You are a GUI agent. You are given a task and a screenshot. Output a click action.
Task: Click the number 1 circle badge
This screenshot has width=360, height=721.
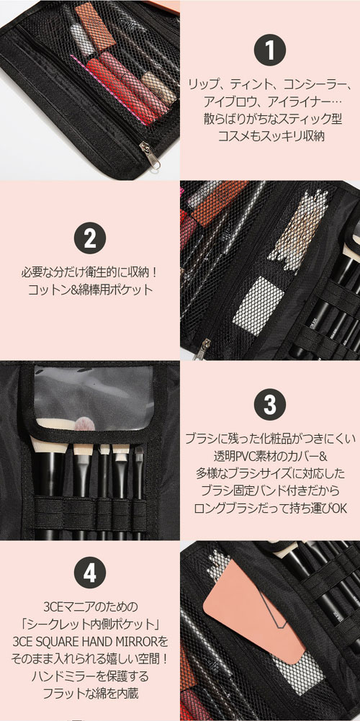coord(270,50)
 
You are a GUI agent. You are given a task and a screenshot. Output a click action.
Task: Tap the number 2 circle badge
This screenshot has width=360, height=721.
coord(90,238)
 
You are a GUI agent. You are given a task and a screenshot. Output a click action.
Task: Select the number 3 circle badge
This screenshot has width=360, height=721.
coord(270,404)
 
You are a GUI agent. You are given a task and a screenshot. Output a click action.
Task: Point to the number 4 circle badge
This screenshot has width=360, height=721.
coord(90,572)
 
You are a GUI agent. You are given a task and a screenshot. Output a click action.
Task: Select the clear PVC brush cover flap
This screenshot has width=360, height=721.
coord(94,397)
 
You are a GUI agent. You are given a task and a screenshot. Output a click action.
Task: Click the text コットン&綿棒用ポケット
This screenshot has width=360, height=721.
coord(90,290)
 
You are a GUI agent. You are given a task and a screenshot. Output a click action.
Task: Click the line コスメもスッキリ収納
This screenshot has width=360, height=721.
coord(270,136)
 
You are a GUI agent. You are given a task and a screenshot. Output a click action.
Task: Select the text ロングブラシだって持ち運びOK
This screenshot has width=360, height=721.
coord(270,508)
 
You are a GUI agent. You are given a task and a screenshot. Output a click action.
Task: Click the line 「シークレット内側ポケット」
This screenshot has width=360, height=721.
coord(90,624)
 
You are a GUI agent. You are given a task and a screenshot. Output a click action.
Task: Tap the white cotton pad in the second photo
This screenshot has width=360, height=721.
coord(257,305)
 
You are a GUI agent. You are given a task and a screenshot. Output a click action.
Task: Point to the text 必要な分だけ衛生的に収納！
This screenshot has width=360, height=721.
coord(90,272)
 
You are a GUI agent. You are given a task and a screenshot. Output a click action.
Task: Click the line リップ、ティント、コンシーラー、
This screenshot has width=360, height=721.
coord(270,84)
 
